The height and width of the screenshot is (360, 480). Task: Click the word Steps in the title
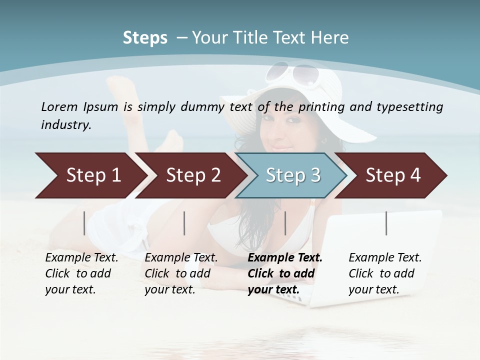click(145, 38)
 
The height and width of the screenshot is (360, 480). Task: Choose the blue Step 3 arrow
click(293, 175)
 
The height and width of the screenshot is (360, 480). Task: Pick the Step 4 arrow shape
click(393, 175)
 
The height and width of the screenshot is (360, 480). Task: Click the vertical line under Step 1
click(84, 223)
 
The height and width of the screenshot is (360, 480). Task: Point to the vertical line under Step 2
click(184, 223)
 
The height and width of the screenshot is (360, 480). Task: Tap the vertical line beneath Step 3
click(285, 223)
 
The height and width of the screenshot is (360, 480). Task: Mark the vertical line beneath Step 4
click(386, 223)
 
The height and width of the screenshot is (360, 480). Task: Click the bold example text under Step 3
click(284, 273)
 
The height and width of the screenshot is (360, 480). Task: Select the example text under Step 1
click(81, 273)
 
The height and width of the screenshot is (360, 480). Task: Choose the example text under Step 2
click(181, 273)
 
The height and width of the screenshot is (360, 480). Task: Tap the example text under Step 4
click(385, 273)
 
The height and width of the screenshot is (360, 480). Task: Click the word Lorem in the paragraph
click(59, 106)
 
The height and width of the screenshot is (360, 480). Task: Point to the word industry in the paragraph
click(66, 124)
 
